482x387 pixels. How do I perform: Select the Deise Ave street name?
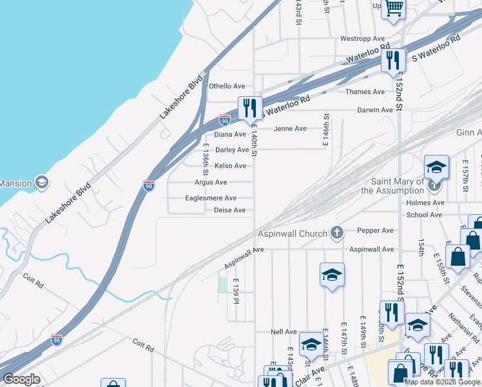tap(230, 210)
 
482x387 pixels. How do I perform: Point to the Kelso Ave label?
tap(231, 166)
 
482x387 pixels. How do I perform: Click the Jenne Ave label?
tap(290, 128)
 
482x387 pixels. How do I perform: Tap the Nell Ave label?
tap(284, 332)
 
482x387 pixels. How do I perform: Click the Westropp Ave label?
tap(362, 39)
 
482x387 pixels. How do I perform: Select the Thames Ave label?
tap(365, 92)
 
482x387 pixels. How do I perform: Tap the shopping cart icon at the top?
tap(393, 8)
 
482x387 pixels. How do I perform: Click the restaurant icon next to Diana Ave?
tap(249, 108)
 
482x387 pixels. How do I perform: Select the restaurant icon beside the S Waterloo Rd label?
tap(392, 61)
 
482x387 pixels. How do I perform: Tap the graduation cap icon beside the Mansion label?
tap(42, 183)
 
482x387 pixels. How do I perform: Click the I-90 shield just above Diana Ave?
tap(224, 120)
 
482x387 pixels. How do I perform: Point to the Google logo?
tap(22, 379)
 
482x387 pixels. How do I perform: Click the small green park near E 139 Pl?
tap(223, 284)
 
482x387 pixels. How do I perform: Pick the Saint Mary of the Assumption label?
tap(394, 186)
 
